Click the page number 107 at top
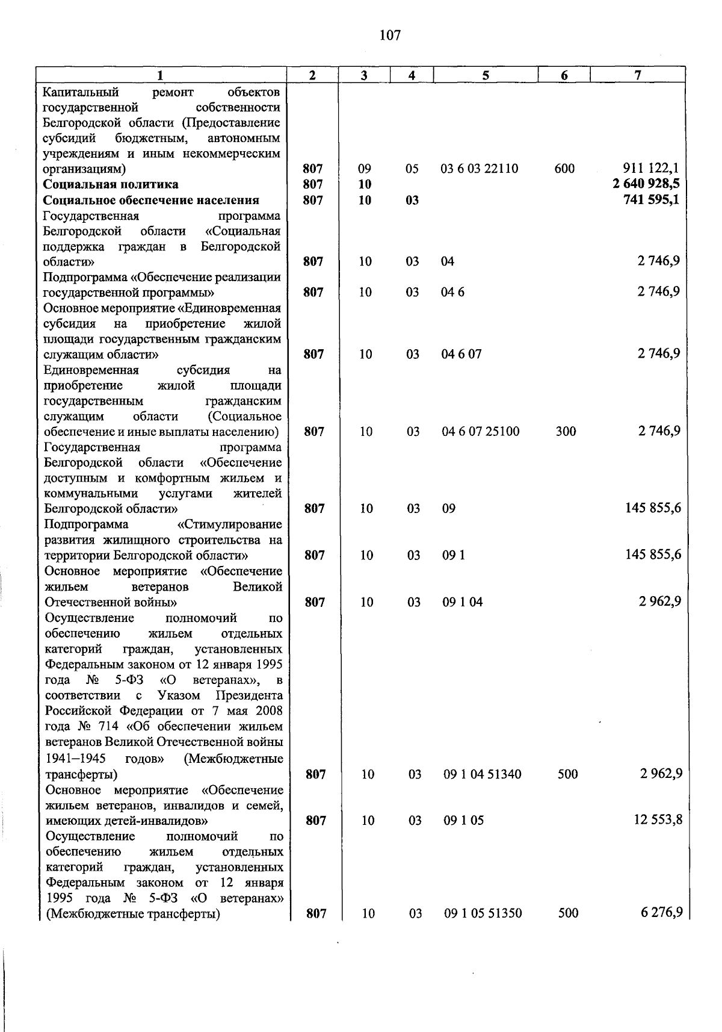tap(390, 36)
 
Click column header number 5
tap(485, 75)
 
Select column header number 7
tap(637, 75)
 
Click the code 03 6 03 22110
tap(479, 169)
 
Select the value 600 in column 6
tap(564, 169)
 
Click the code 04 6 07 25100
tap(480, 432)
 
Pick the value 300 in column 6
tap(566, 432)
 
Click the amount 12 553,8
tap(658, 820)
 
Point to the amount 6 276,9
tap(661, 913)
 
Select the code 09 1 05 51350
tap(483, 914)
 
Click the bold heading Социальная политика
tap(111, 184)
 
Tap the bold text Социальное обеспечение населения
tap(151, 200)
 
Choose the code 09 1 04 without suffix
tap(462, 602)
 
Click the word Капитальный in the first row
tap(81, 92)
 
